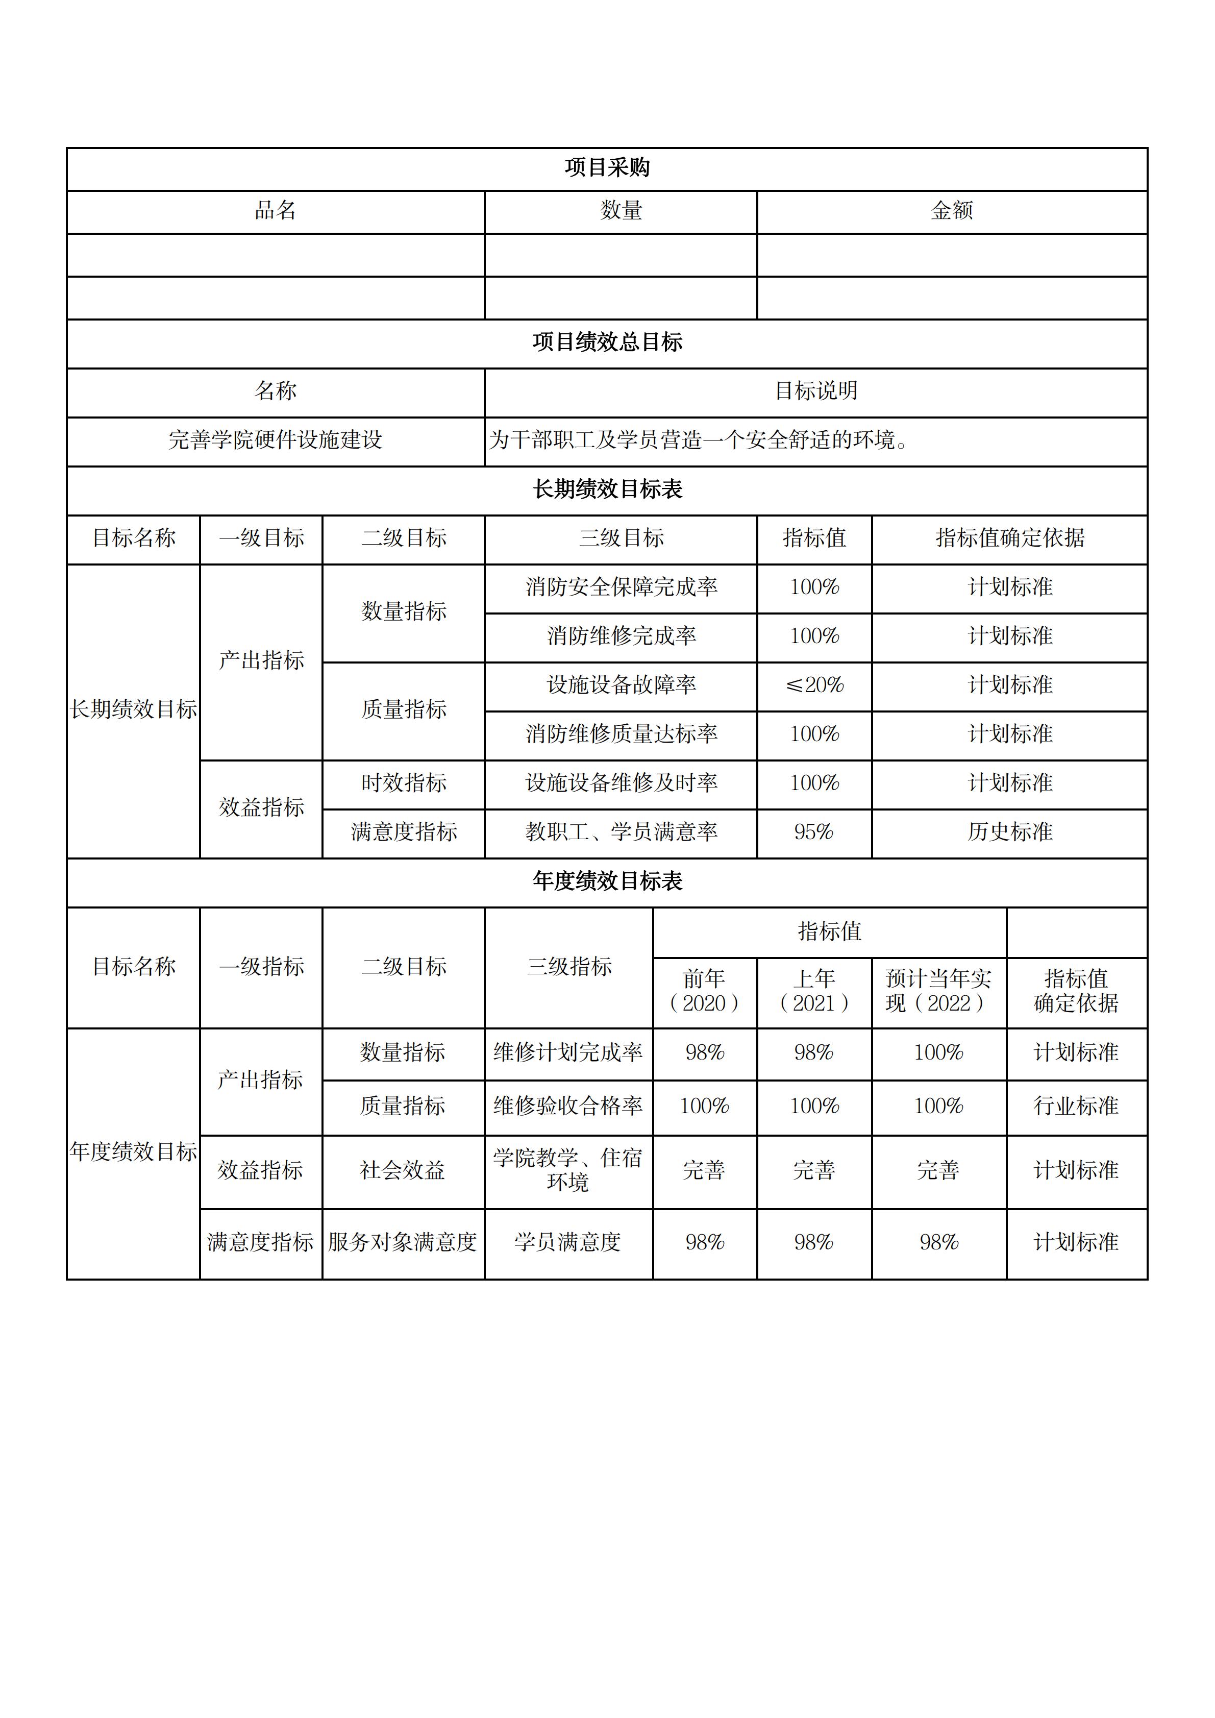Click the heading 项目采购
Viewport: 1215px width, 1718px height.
pos(607,167)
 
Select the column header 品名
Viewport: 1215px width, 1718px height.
pos(276,211)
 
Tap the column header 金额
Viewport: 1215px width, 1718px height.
pos(952,211)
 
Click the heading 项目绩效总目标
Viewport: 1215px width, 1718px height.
pos(607,342)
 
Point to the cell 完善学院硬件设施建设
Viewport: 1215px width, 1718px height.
pos(276,440)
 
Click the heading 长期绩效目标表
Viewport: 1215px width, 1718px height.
pos(607,489)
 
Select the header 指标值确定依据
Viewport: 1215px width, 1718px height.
pos(1009,538)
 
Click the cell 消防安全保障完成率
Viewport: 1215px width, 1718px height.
pos(621,587)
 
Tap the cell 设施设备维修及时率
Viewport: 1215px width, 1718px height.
pos(621,783)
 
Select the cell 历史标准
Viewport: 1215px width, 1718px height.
pos(1009,832)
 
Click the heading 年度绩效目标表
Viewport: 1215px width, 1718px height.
pos(607,881)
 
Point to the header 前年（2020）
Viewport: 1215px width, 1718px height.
pos(704,991)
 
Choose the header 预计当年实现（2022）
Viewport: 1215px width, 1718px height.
pos(938,991)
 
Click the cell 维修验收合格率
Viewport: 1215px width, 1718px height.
pos(568,1106)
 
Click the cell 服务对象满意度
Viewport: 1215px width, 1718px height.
pos(403,1242)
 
